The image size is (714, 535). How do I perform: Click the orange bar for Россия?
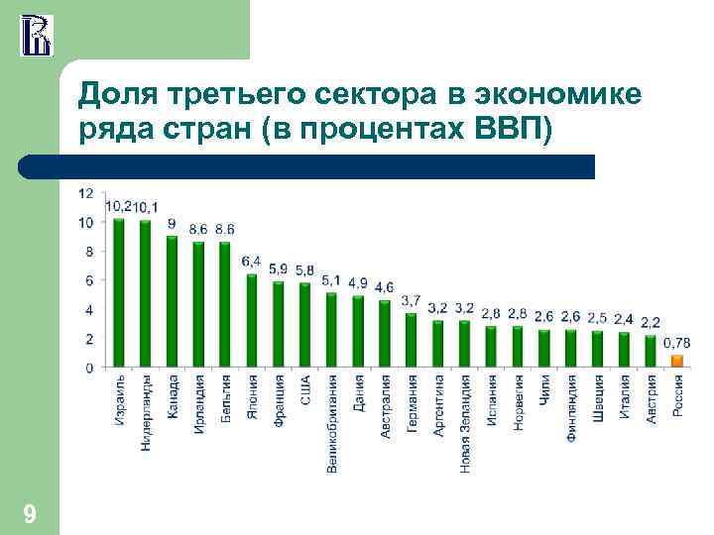point(677,360)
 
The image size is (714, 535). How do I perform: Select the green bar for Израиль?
point(119,292)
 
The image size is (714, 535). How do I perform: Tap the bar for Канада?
point(173,301)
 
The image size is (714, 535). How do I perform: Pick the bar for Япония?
point(252,320)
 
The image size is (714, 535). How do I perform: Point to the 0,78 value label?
point(677,342)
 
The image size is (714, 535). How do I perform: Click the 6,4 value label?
point(252,261)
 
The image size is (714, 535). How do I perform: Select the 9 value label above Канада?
point(172,224)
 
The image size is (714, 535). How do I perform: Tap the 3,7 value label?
point(411,299)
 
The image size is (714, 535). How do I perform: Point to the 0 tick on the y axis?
point(89,367)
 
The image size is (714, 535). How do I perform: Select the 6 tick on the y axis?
point(89,280)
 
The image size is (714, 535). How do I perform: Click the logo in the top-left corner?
point(37,35)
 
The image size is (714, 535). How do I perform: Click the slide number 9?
point(30,514)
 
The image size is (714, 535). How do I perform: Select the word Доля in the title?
point(116,95)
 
